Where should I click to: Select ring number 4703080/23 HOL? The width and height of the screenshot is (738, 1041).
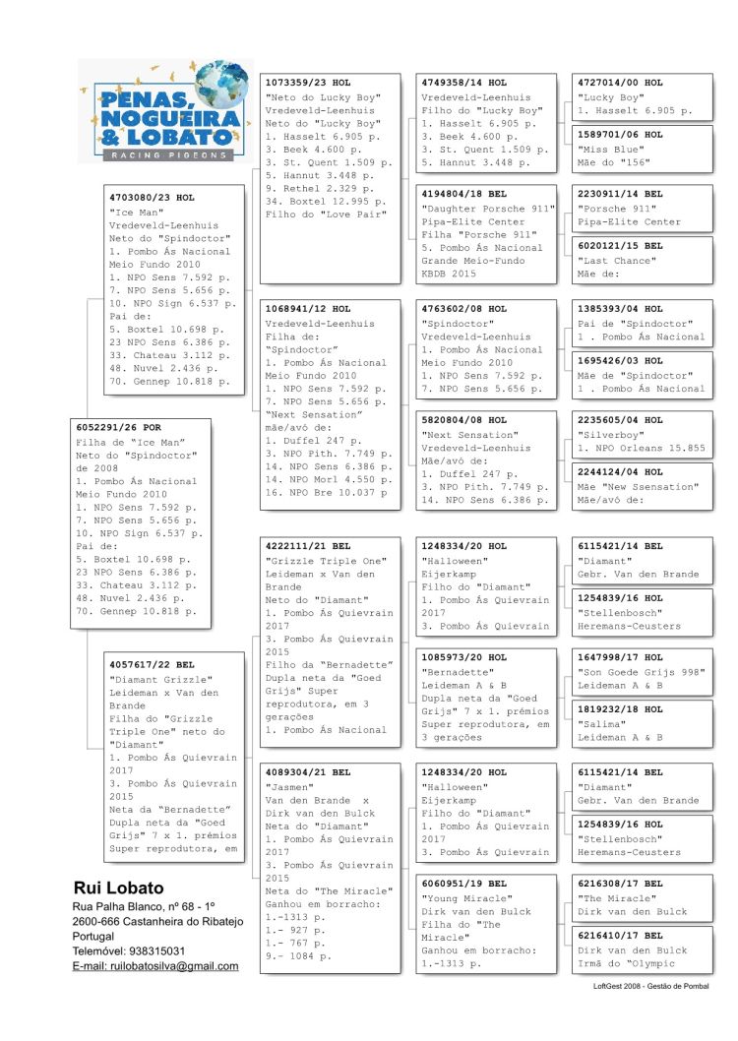click(x=152, y=198)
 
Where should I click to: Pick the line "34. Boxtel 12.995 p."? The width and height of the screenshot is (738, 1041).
click(x=323, y=202)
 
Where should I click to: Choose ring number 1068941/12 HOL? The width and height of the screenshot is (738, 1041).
click(x=308, y=309)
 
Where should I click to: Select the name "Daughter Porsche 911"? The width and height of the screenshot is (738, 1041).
click(x=478, y=209)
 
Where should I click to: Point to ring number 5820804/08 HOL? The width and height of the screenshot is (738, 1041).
click(x=463, y=420)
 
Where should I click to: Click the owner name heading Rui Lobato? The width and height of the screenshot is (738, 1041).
click(x=119, y=888)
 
